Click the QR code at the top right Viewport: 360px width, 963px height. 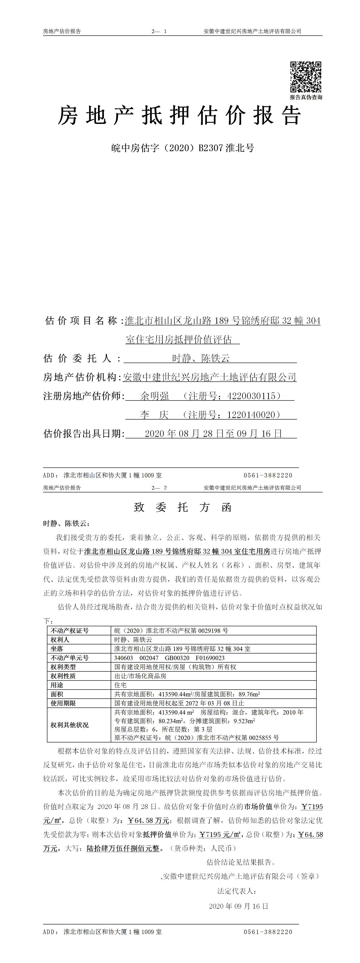tap(306, 77)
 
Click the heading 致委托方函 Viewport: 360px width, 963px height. tap(183, 507)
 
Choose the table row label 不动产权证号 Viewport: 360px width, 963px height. tap(70, 631)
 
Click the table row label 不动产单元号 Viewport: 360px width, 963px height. tap(70, 658)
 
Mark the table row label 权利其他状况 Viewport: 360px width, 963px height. tap(70, 725)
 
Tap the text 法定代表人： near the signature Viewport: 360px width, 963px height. tap(237, 891)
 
